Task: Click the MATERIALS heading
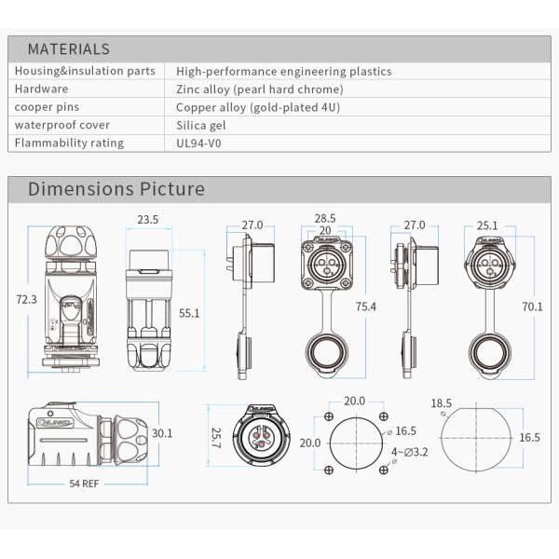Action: point(68,49)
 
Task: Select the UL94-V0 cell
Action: point(198,143)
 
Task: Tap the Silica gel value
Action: point(201,125)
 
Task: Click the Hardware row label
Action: point(41,89)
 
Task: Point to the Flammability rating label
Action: point(70,143)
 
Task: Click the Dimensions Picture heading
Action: point(116,189)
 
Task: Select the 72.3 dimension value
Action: point(27,299)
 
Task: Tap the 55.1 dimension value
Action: point(189,314)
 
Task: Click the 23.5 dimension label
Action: point(148,220)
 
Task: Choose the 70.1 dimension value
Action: point(533,305)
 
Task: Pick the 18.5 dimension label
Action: point(443,403)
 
